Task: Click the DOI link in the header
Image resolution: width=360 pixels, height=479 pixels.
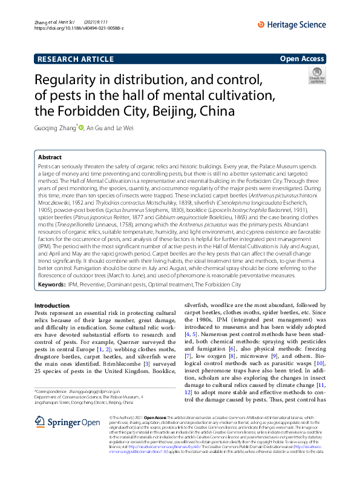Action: [79, 28]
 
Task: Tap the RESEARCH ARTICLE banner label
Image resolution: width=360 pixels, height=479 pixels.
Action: [74, 58]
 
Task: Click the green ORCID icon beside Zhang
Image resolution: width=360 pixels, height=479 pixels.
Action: [80, 128]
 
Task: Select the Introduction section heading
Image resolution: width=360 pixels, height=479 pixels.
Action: [52, 305]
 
